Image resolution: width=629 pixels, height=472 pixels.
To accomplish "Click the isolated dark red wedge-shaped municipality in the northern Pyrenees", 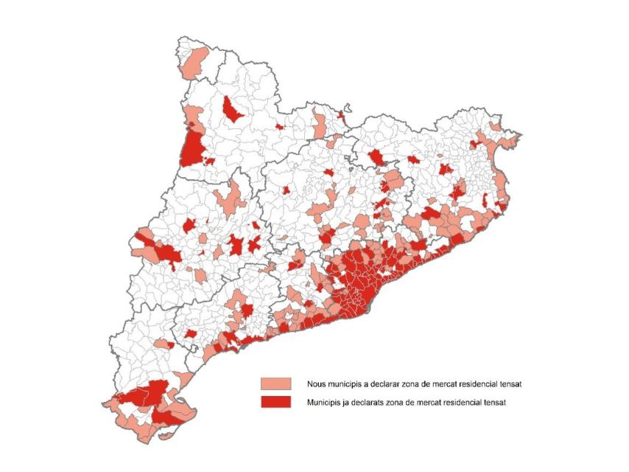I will [233, 111].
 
